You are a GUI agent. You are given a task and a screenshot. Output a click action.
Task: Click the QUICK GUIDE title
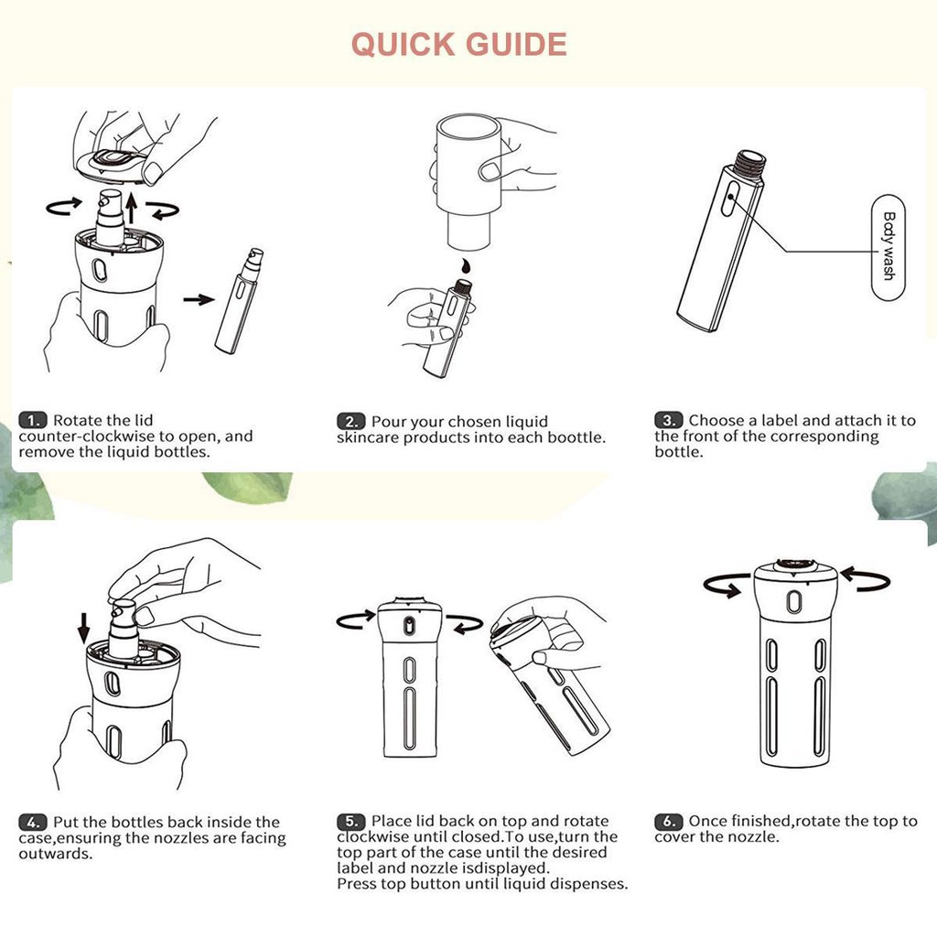click(x=459, y=44)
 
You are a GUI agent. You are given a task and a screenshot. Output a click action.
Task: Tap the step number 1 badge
click(x=32, y=420)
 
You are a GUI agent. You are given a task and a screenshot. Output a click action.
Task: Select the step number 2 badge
click(x=350, y=421)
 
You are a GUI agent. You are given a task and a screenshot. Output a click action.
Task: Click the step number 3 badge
click(x=668, y=420)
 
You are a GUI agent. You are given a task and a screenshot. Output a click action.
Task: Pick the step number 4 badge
click(x=32, y=822)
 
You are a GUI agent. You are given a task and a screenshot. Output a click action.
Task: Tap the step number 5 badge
click(x=350, y=821)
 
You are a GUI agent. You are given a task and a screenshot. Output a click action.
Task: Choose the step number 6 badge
click(x=668, y=821)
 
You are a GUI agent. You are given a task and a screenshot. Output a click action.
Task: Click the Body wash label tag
click(x=888, y=247)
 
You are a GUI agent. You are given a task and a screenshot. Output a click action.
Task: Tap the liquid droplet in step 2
click(x=464, y=265)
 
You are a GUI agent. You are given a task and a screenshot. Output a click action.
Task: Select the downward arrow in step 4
click(x=83, y=628)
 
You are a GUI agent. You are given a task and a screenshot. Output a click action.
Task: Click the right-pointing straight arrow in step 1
click(x=199, y=299)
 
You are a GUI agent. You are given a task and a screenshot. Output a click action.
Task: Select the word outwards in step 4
click(x=55, y=854)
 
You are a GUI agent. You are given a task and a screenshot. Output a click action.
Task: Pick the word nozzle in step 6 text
click(x=755, y=836)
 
